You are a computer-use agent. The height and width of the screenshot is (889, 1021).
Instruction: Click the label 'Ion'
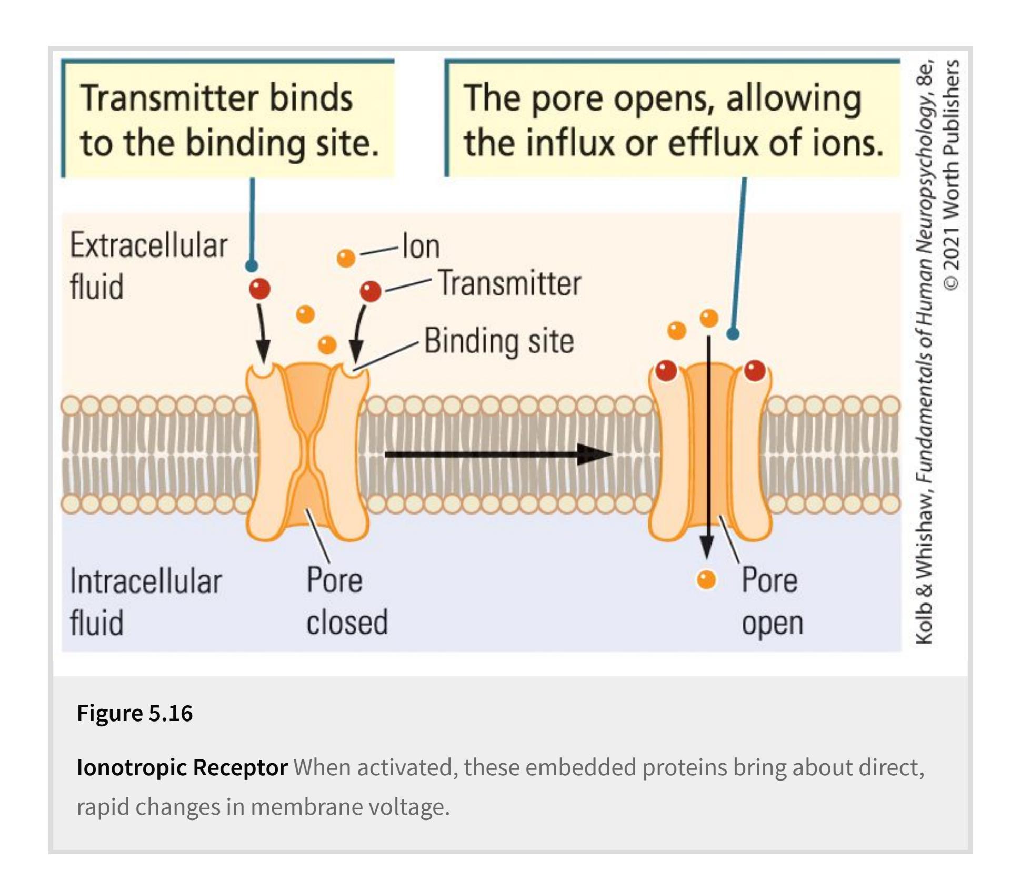click(x=421, y=246)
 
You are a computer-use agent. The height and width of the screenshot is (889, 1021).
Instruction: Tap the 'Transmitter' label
click(x=509, y=283)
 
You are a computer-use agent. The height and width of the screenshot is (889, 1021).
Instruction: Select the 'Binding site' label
click(x=498, y=341)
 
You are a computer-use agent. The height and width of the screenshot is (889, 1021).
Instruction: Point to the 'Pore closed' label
click(x=347, y=601)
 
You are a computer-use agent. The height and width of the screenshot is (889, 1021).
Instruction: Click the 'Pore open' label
click(x=772, y=601)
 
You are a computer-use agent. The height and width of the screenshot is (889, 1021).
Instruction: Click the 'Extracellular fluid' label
click(x=148, y=266)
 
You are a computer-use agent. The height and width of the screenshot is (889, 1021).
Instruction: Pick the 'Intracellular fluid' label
click(x=146, y=601)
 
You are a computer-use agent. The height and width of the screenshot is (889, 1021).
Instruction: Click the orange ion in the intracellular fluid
click(x=706, y=579)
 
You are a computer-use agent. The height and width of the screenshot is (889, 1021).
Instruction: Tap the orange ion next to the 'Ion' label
click(x=346, y=258)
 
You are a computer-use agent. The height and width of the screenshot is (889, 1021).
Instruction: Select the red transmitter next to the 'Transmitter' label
click(x=371, y=291)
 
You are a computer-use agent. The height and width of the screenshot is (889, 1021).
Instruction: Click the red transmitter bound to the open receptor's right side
click(x=755, y=371)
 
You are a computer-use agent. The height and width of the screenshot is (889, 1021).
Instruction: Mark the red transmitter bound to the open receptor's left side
click(x=666, y=371)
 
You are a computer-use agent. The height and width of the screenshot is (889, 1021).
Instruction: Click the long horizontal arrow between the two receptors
click(x=497, y=454)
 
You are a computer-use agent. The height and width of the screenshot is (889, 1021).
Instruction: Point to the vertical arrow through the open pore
click(x=708, y=448)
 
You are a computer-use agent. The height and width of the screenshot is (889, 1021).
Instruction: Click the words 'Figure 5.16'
click(x=135, y=713)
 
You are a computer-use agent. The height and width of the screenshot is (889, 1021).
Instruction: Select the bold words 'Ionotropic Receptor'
click(x=182, y=767)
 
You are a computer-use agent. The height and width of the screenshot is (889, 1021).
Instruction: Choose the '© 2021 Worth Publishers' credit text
click(x=951, y=174)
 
